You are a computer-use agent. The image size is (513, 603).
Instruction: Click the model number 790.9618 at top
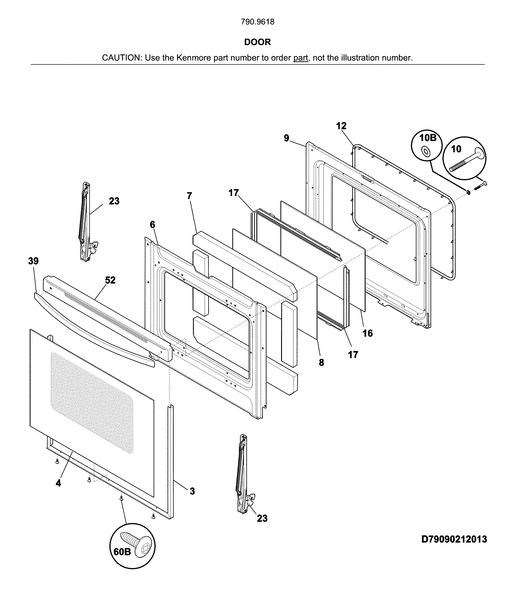[x=257, y=22]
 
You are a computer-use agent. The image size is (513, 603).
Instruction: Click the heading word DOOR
[x=257, y=42]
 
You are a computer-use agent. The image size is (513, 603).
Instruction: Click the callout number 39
[x=34, y=261]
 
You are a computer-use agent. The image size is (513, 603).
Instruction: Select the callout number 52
[x=110, y=280]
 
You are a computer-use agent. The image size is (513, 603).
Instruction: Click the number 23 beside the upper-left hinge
[x=114, y=201]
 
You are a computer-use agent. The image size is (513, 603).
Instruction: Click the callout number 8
[x=321, y=362]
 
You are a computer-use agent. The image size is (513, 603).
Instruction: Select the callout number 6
[x=152, y=225]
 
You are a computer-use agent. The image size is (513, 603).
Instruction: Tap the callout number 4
[x=58, y=483]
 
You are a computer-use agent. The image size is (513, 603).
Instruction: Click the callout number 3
[x=192, y=491]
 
